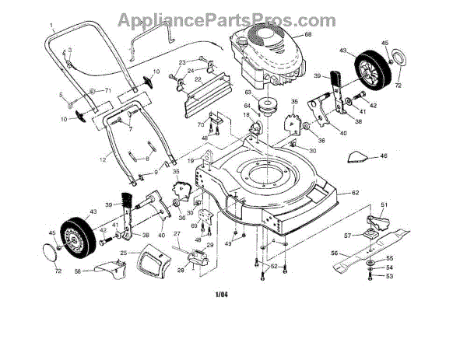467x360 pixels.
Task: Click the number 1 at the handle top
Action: (x=51, y=25)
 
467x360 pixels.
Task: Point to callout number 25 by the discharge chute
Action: (x=123, y=253)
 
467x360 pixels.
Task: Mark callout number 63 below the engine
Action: (x=249, y=93)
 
